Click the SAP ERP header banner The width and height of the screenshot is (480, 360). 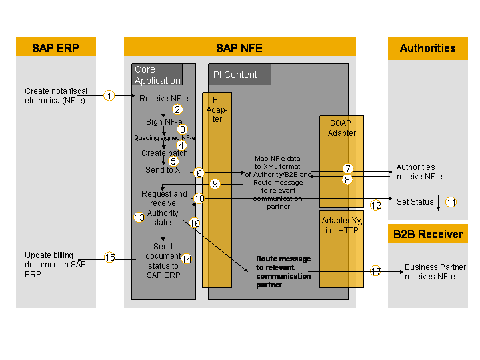(56, 48)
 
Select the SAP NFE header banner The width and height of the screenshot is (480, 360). (239, 48)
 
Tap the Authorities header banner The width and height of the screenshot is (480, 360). (427, 48)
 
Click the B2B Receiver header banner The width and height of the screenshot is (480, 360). (427, 234)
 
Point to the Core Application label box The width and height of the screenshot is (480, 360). (157, 75)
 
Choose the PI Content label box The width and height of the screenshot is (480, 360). (239, 75)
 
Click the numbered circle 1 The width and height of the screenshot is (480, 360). (109, 96)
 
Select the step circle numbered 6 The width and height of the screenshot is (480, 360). (199, 173)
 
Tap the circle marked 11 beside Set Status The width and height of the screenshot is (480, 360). (451, 202)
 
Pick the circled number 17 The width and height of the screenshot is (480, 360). (376, 271)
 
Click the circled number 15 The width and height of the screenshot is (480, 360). (110, 257)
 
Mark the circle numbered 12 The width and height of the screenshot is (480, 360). (376, 205)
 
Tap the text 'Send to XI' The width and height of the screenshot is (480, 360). (163, 170)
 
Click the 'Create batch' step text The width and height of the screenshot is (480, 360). (164, 153)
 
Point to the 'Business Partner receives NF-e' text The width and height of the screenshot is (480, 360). (435, 271)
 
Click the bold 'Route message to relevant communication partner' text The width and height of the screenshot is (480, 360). (283, 271)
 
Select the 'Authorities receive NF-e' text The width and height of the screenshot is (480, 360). (419, 172)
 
